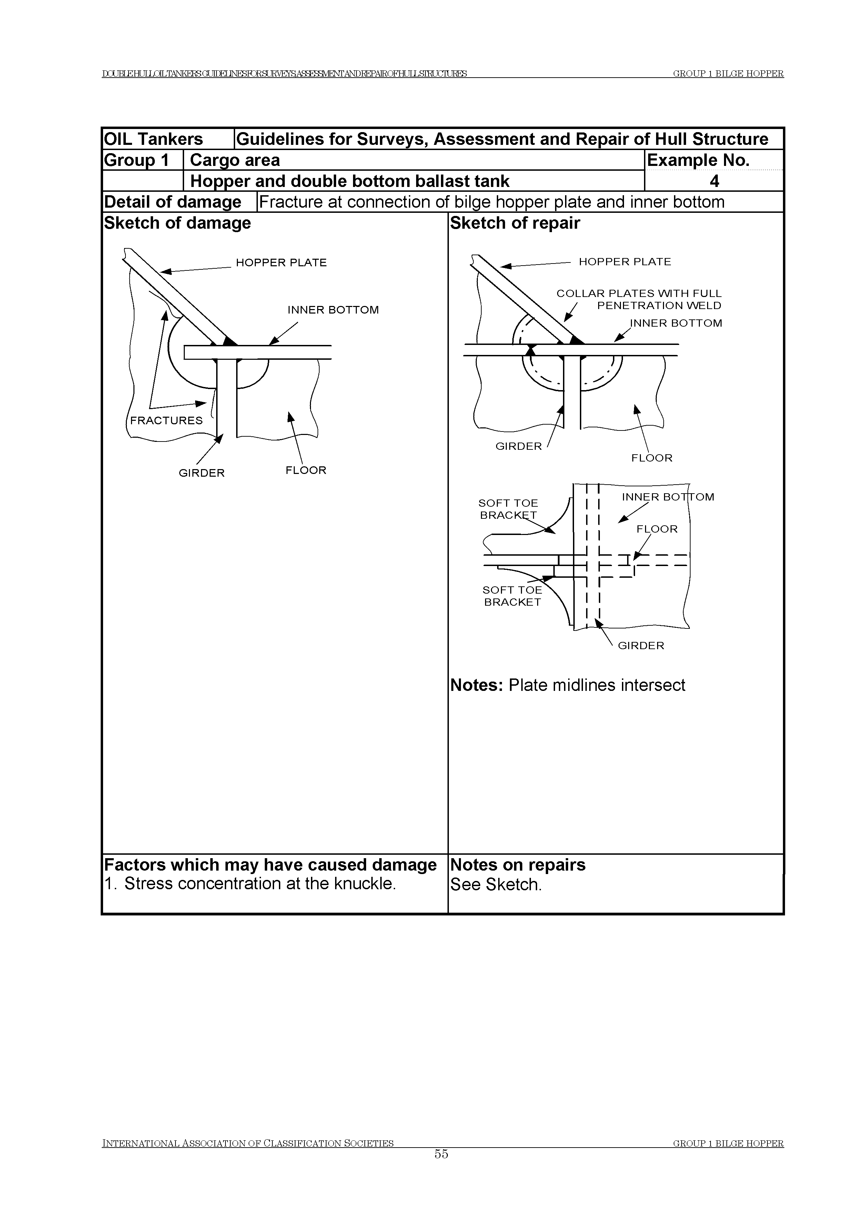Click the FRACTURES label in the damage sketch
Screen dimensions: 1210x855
pyautogui.click(x=166, y=420)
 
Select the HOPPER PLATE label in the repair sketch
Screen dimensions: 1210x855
pyautogui.click(x=624, y=262)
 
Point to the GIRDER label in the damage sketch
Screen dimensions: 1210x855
pyautogui.click(x=201, y=473)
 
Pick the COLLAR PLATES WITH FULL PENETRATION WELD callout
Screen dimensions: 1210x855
pyautogui.click(x=638, y=299)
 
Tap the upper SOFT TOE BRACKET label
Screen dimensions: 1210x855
pyautogui.click(x=508, y=509)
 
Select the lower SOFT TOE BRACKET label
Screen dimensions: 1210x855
pyautogui.click(x=512, y=596)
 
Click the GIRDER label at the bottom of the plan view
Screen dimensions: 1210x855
pyautogui.click(x=641, y=646)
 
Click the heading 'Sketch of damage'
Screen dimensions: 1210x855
pyautogui.click(x=178, y=223)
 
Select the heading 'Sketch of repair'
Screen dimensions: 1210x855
pyautogui.click(x=515, y=223)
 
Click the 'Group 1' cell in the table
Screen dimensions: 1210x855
pyautogui.click(x=137, y=160)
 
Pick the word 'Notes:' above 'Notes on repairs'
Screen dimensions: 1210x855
pyautogui.click(x=477, y=685)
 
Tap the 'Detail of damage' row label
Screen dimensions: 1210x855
pyautogui.click(x=173, y=202)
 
